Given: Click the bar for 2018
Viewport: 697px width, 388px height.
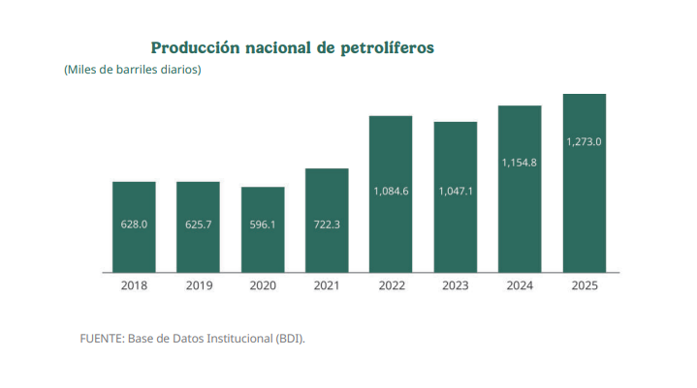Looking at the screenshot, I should click(134, 226).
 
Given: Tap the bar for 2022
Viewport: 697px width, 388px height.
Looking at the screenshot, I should click(391, 194).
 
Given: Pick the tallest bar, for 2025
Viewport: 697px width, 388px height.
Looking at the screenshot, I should click(585, 183).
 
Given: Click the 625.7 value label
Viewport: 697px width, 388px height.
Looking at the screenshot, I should click(198, 224).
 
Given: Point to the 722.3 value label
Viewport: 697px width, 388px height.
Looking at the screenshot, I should click(327, 224).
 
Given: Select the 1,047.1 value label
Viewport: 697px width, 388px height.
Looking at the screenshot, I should click(456, 191).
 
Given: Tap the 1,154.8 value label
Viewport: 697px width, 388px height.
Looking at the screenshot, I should click(520, 163).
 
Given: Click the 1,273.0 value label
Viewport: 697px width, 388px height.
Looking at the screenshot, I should click(585, 141).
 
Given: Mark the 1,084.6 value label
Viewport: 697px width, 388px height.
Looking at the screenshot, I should click(391, 191).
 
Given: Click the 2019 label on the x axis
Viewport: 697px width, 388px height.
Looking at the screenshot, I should click(198, 285).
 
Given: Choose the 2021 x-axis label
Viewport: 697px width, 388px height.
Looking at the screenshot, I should click(327, 285).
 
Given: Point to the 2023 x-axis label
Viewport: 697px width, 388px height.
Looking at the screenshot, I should click(456, 285).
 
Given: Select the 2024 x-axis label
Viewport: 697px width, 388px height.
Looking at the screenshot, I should click(520, 285).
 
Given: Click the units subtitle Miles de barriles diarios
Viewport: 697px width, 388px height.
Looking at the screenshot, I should click(132, 70).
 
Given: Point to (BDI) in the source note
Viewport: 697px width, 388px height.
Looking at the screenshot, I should click(289, 338).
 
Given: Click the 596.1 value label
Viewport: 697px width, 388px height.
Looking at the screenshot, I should click(263, 224).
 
